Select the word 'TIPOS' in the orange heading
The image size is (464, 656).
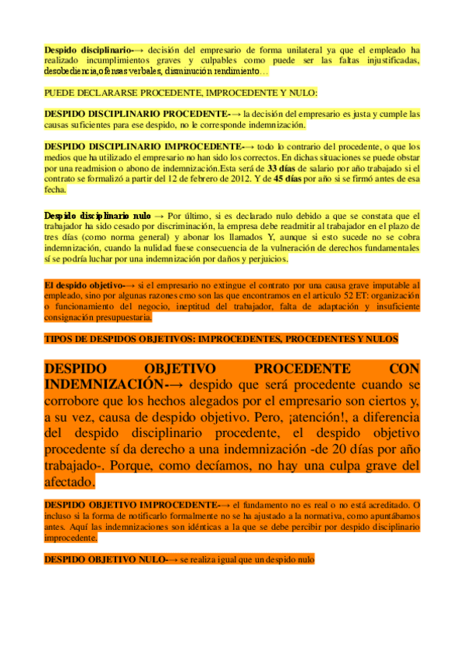pos(58,339)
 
